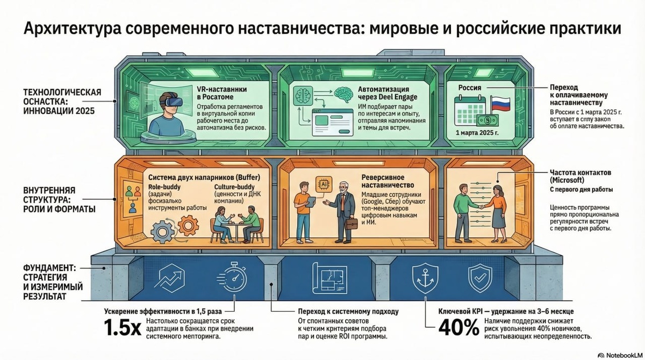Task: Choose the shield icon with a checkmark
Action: coord(478,278)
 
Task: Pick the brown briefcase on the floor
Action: coord(352,223)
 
